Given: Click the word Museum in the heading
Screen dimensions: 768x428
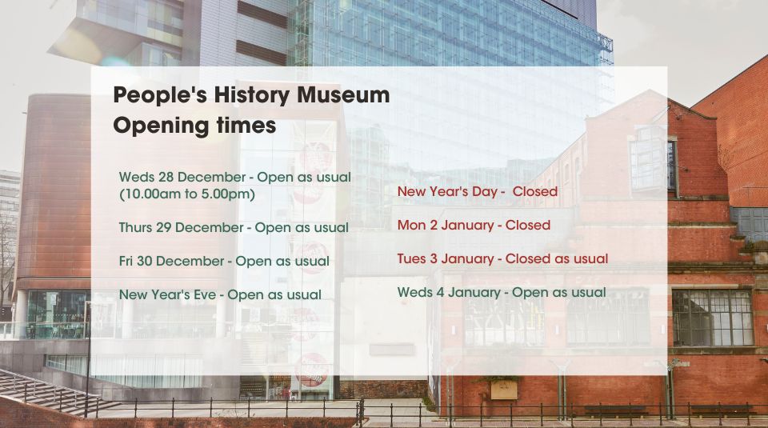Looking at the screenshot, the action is coord(343,94).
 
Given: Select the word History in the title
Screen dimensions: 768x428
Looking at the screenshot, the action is coord(252,96).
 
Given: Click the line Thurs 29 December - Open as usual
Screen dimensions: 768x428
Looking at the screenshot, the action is coord(234,228).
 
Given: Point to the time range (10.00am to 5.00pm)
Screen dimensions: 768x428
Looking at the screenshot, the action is coord(187,194).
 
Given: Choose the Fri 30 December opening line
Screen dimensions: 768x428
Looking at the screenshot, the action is coord(224,262).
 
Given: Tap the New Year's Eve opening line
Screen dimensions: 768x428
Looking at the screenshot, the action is coord(221,295).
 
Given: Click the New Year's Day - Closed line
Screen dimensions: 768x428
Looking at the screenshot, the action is coord(478,191).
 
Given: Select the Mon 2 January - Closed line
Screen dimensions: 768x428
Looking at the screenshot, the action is coord(474,226).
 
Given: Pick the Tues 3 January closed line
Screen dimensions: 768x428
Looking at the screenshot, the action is coord(502,258).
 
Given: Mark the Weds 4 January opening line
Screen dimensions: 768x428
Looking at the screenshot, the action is coord(502,292).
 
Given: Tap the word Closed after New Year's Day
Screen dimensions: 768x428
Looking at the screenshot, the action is coord(535,191).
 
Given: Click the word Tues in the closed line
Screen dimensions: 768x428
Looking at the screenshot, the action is coord(411,258).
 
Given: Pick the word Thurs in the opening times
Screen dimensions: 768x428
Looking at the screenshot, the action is coord(135,228).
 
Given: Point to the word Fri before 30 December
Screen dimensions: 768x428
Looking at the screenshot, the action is coord(126,262).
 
